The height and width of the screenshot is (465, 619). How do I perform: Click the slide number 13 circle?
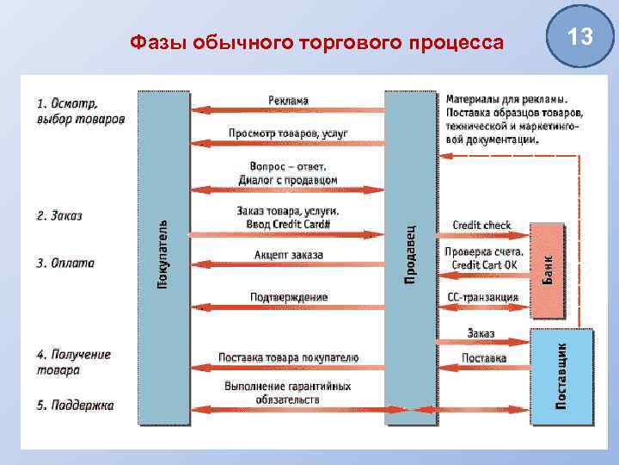coord(581,37)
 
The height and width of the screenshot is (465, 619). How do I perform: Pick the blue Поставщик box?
coord(562,375)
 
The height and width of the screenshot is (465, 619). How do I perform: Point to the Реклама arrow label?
coord(288,101)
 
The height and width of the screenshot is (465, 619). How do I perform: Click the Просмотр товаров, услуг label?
coord(287,133)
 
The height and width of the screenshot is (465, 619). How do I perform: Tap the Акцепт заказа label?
coord(289,255)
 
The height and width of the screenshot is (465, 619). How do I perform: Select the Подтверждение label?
coord(289,297)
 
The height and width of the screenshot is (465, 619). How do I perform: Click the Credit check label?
coord(481,226)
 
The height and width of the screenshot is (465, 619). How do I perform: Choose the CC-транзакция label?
coord(482,297)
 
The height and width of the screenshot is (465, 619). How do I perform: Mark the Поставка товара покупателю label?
coord(288,357)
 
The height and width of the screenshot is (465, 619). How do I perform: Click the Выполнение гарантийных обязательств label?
coord(288,394)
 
